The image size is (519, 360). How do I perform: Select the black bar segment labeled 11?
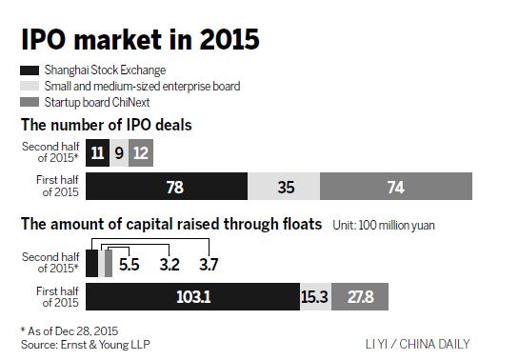(x=97, y=153)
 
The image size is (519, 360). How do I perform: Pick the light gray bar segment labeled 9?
(x=118, y=153)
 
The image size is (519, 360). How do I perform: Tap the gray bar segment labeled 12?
(x=140, y=153)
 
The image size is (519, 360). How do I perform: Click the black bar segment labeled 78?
(x=167, y=186)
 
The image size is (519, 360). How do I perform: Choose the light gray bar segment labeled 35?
(x=283, y=186)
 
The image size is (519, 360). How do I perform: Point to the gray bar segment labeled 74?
(x=395, y=186)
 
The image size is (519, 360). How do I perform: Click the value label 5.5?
(x=130, y=264)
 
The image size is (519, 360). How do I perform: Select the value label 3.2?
(x=170, y=264)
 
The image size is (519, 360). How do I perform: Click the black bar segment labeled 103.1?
(x=191, y=297)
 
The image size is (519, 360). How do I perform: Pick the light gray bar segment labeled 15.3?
(x=314, y=297)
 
